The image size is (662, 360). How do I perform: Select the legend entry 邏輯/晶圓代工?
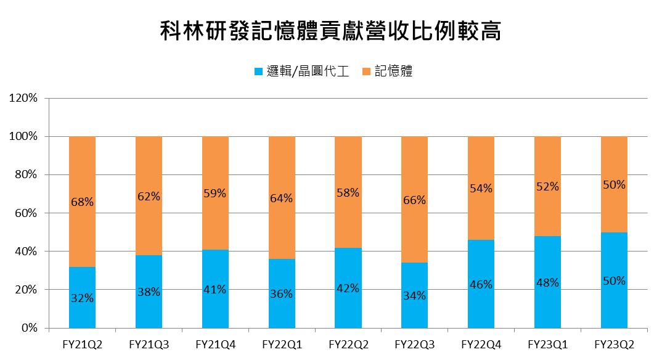(x=308, y=72)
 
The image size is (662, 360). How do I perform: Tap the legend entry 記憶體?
(x=393, y=72)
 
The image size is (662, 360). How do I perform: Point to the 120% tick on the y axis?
(x=24, y=98)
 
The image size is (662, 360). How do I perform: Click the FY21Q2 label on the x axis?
(x=82, y=344)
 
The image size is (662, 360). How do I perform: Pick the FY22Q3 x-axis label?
(x=414, y=344)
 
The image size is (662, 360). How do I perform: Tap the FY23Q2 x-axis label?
(x=613, y=344)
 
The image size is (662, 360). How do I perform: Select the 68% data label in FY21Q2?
(x=82, y=202)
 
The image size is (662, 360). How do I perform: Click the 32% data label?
(x=82, y=298)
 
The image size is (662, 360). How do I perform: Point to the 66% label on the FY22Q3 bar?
(x=414, y=200)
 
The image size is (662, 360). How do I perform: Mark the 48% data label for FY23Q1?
(x=547, y=283)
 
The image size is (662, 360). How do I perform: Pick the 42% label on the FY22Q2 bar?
(x=348, y=288)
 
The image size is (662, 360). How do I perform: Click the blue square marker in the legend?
(x=258, y=72)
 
